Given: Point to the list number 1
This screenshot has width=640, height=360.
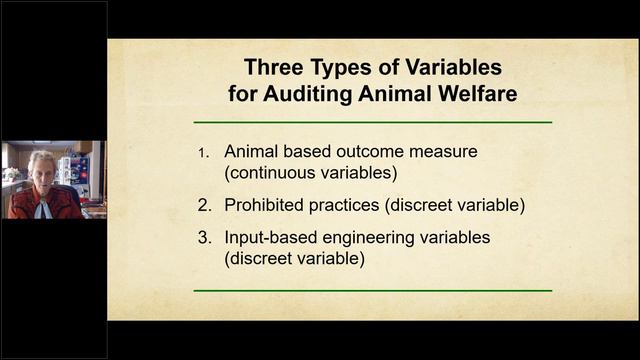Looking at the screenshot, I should [x=204, y=153].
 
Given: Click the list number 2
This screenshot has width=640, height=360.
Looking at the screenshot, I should [x=204, y=205].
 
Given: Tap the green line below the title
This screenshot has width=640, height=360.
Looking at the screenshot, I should [x=372, y=122].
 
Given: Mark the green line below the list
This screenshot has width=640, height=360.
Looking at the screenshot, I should [x=372, y=291].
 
